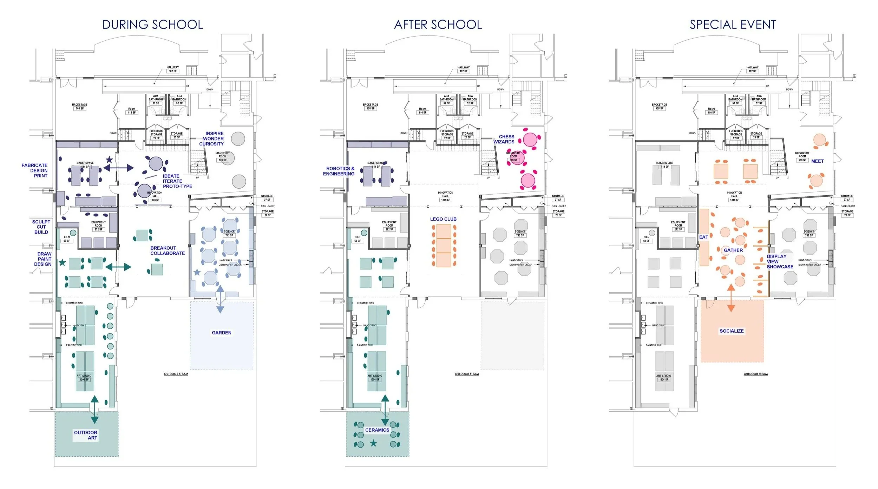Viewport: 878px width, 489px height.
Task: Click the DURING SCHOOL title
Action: point(152,25)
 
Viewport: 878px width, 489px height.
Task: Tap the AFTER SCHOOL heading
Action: point(438,25)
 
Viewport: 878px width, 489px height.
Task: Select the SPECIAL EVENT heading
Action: point(733,25)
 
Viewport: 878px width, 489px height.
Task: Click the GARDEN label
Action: point(222,333)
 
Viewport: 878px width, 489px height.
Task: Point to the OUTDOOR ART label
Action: point(86,435)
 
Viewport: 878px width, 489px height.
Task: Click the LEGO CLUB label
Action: point(443,219)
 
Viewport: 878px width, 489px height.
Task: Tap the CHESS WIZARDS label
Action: point(504,139)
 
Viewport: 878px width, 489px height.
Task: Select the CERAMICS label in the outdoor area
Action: point(377,430)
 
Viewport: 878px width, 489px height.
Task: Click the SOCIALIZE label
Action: point(732,331)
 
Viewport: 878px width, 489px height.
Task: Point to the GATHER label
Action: point(733,250)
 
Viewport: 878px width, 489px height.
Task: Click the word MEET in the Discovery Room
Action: point(817,161)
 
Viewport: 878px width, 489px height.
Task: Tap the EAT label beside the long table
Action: point(703,237)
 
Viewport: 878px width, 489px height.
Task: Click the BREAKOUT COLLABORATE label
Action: point(168,250)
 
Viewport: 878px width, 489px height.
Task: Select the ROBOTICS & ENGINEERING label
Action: point(339,171)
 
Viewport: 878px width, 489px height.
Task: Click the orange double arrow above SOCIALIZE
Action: point(731,298)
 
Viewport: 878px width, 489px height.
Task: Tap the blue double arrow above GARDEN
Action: point(220,299)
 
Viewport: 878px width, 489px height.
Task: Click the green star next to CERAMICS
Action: point(373,443)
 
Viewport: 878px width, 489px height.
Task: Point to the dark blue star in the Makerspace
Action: point(109,160)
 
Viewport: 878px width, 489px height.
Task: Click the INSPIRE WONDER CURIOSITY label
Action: point(212,139)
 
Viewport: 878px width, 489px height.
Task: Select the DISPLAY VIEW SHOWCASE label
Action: point(780,262)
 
